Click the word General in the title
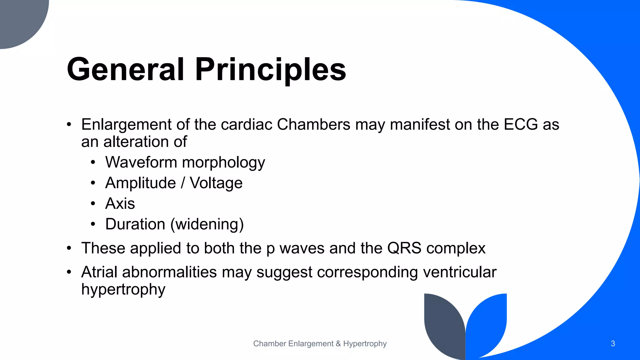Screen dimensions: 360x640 click(125, 69)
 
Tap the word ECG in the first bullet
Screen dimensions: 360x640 click(521, 124)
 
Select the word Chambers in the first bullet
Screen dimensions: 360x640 click(313, 124)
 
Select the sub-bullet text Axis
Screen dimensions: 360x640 click(120, 204)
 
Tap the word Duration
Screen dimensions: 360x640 click(135, 224)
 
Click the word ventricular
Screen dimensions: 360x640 click(459, 272)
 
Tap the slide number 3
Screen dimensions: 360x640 click(613, 344)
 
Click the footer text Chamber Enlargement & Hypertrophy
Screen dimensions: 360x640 click(320, 344)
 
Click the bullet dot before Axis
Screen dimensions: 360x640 click(93, 204)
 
